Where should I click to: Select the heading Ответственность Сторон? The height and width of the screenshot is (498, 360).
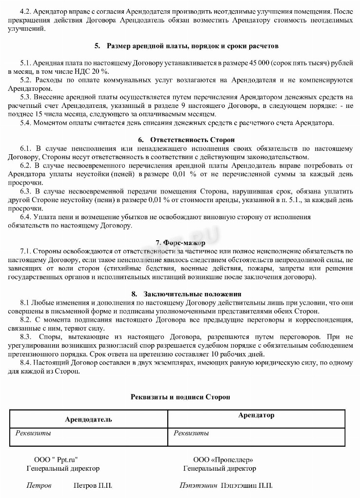[192, 140]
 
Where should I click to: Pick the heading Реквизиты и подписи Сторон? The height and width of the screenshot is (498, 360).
[180, 397]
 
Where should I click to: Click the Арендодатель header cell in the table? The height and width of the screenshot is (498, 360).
[88, 419]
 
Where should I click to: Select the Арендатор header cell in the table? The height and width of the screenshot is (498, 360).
[256, 415]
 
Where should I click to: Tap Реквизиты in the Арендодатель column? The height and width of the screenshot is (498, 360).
[33, 433]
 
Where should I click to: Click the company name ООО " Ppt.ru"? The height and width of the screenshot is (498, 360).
[56, 460]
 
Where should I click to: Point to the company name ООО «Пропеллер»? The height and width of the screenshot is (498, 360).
[223, 460]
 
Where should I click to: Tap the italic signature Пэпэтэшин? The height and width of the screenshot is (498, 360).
[198, 486]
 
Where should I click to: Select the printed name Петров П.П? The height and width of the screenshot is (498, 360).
[93, 486]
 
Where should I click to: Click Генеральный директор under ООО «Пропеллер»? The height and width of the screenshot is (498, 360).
[220, 469]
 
